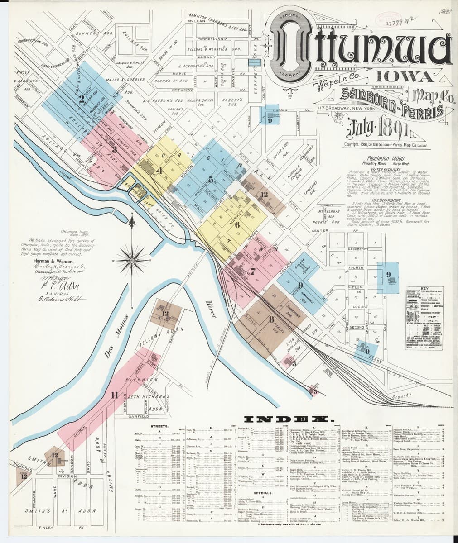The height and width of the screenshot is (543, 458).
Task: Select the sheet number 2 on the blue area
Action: (82, 99)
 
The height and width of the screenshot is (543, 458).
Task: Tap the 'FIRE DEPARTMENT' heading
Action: (378, 200)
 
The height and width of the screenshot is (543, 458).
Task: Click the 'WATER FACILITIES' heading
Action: (378, 169)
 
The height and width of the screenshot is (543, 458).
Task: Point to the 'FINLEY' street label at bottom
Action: (46, 528)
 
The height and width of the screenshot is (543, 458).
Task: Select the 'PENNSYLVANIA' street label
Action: (212, 39)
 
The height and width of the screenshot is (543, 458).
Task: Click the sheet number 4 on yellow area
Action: (159, 171)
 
